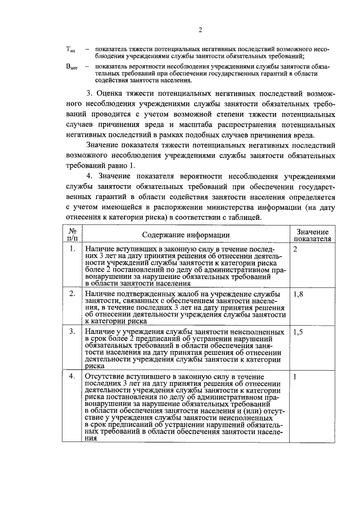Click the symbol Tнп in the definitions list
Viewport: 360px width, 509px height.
pyautogui.click(x=71, y=50)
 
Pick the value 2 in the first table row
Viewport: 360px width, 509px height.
pyautogui.click(x=295, y=249)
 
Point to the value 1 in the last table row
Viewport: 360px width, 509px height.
pyautogui.click(x=295, y=376)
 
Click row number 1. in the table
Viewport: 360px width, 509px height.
pyautogui.click(x=72, y=249)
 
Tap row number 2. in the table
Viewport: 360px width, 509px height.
pyautogui.click(x=72, y=294)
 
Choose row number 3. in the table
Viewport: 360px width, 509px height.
pyautogui.click(x=72, y=332)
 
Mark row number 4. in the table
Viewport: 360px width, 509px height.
pyautogui.click(x=72, y=376)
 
